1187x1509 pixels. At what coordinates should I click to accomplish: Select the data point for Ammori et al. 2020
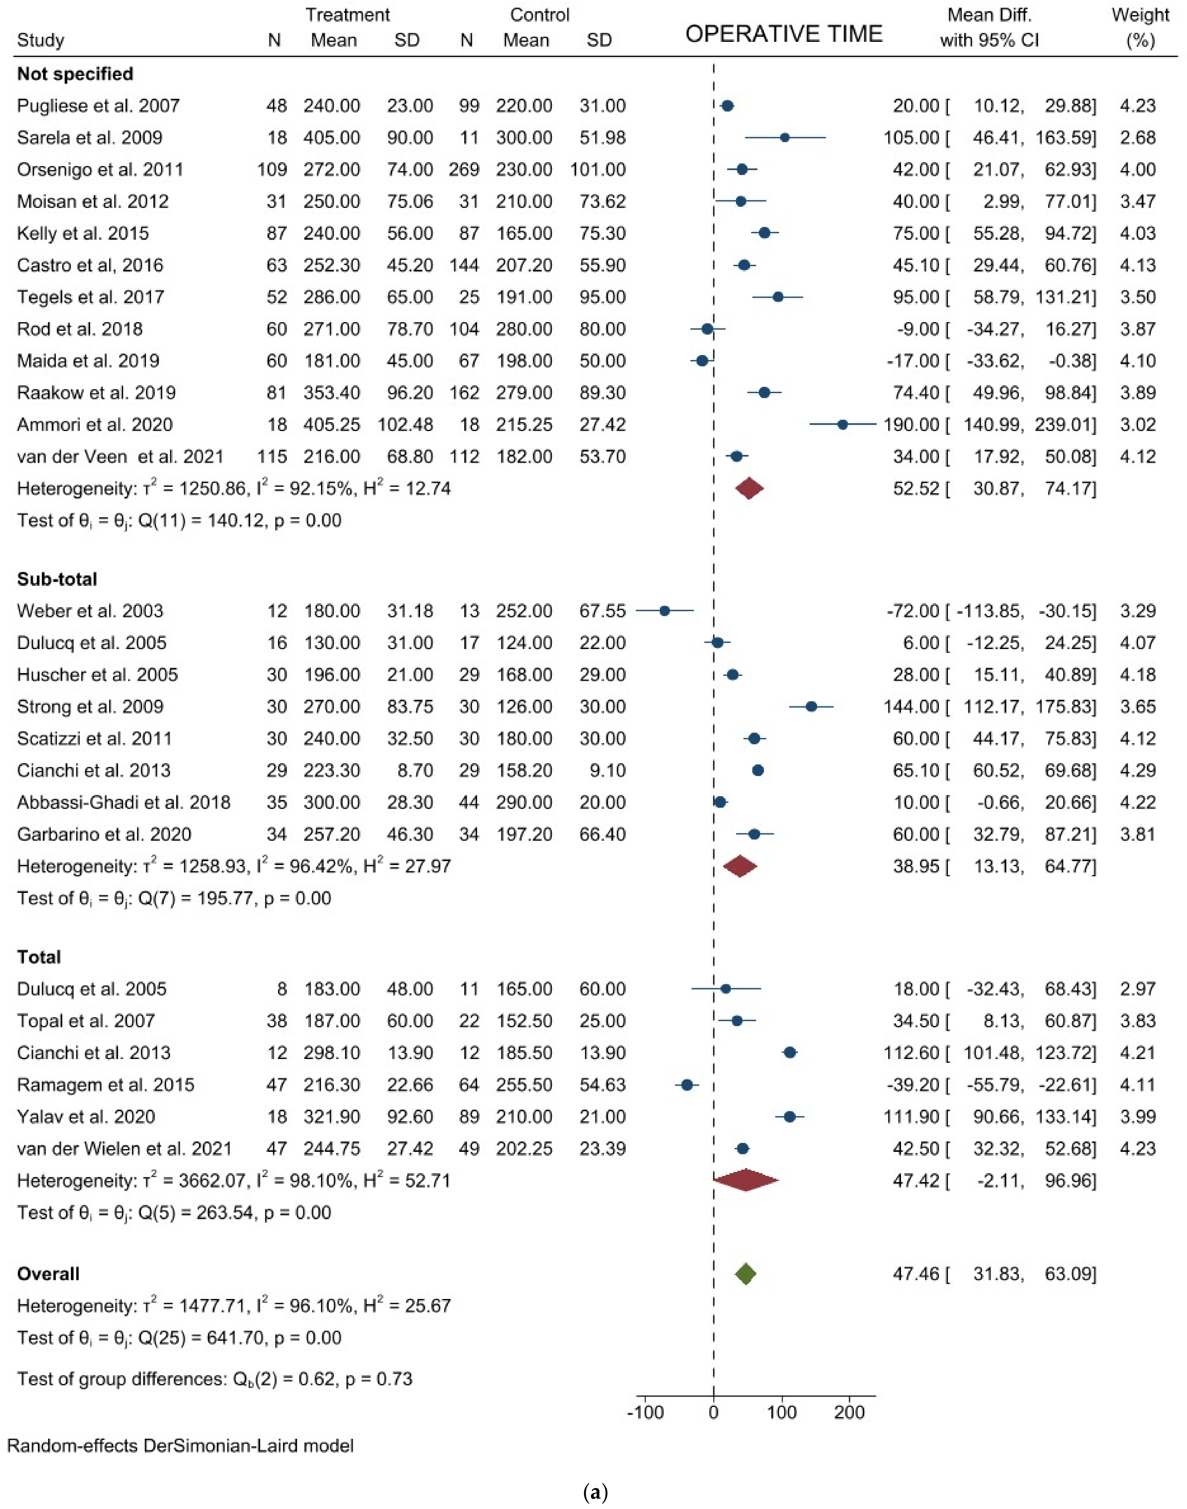(842, 424)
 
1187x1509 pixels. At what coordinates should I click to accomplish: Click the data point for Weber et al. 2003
(664, 611)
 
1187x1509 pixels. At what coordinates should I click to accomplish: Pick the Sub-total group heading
(57, 579)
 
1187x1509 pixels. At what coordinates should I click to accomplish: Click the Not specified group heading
(75, 74)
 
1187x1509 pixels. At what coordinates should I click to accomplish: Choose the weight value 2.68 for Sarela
(1138, 138)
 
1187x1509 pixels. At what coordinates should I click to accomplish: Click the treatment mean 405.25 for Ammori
(331, 424)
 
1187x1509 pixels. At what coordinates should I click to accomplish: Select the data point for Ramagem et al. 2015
(687, 1085)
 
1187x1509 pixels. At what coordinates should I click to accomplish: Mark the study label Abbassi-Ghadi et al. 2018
(124, 802)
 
